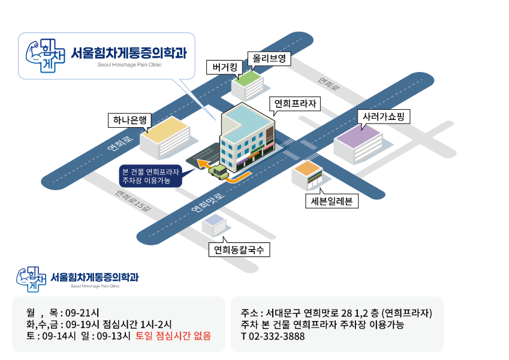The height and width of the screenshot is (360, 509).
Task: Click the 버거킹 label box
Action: click(224, 67)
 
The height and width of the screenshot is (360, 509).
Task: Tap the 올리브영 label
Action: click(269, 58)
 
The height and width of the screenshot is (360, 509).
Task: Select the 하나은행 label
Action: click(129, 120)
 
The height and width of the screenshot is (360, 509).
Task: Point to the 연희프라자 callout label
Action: click(295, 104)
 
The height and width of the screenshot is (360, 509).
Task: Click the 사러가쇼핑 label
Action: click(384, 116)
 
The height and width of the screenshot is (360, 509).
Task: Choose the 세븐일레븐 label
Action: click(332, 201)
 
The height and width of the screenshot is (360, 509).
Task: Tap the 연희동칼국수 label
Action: click(239, 250)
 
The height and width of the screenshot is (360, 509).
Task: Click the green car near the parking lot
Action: click(218, 172)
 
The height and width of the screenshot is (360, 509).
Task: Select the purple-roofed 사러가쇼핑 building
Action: click(358, 144)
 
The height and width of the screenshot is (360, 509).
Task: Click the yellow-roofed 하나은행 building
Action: click(165, 138)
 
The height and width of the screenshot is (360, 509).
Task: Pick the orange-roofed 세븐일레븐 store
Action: click(307, 175)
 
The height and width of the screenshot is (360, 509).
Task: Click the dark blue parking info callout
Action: click(150, 176)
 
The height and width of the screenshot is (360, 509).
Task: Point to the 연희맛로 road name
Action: click(208, 203)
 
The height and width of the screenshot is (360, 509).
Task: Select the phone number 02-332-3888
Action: click(276, 336)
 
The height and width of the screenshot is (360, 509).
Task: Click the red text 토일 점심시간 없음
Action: click(173, 335)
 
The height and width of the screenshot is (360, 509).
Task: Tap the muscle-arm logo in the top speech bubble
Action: click(45, 56)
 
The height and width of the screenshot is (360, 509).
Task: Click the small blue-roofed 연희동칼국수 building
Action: click(214, 225)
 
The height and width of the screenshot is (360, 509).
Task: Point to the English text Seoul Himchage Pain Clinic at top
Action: click(129, 65)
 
